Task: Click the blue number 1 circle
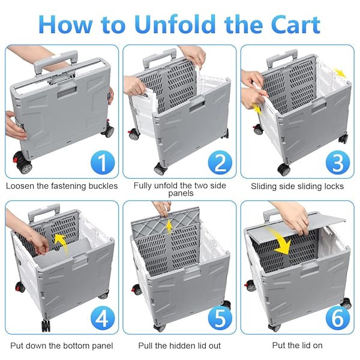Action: (103, 163)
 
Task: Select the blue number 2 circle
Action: (220, 163)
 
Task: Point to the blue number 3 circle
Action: (338, 163)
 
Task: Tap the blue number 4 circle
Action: (103, 319)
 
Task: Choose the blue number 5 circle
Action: (220, 319)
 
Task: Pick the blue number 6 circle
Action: (338, 319)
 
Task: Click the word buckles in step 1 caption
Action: (103, 186)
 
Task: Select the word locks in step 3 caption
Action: (334, 186)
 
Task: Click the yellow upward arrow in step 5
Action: (169, 226)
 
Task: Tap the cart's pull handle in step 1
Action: (56, 61)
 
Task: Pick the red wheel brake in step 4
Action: (18, 287)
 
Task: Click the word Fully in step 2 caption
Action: (143, 185)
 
